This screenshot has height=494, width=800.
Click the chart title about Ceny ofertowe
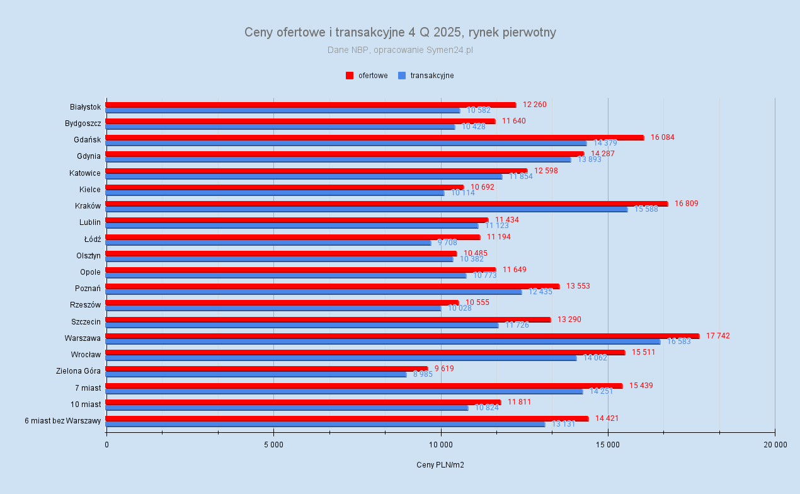pos(400,32)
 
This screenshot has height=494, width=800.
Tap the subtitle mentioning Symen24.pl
pos(400,50)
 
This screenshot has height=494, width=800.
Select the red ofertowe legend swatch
pos(350,76)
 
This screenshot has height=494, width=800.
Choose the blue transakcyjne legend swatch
pos(401,76)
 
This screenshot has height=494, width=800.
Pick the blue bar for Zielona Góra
pos(256,374)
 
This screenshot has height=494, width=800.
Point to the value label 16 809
pos(686,204)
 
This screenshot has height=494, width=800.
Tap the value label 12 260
pos(534,105)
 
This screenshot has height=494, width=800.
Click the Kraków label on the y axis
pos(88,205)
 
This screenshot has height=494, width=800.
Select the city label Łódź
pos(93,239)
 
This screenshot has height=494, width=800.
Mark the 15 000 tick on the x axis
pos(607,445)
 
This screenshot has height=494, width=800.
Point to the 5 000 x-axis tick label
pos(273,445)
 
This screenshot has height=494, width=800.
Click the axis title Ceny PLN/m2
pos(440,465)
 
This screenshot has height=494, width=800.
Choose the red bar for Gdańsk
pos(375,137)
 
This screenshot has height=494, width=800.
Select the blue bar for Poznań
pos(314,292)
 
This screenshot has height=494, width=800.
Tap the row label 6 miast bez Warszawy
pos(63,420)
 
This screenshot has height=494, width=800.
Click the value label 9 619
pos(443,369)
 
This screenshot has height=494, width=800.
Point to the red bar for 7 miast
pos(364,386)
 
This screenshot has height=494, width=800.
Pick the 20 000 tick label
pos(774,445)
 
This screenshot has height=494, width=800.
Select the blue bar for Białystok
pos(283,110)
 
